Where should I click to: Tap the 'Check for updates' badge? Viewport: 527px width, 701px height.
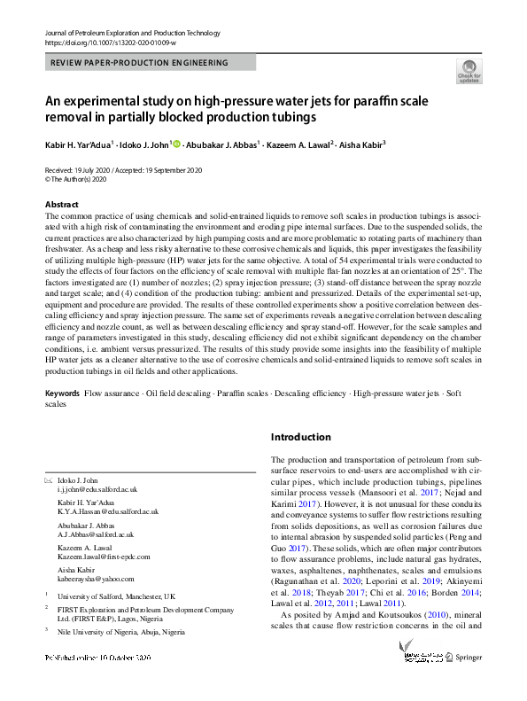click(x=469, y=73)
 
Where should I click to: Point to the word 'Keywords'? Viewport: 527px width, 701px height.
click(x=62, y=392)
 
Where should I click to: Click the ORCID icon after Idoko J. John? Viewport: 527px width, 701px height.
click(x=178, y=144)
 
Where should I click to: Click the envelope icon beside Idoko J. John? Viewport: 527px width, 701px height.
click(x=48, y=479)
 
